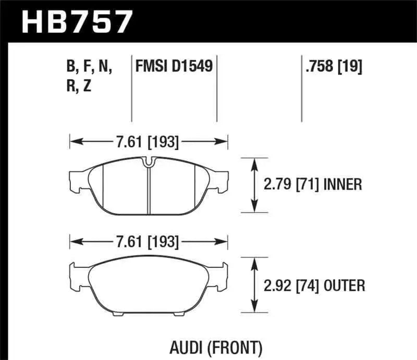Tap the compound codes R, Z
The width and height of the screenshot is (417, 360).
[x=80, y=86]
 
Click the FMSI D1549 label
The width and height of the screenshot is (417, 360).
[x=174, y=67]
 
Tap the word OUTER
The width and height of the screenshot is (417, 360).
[x=344, y=285]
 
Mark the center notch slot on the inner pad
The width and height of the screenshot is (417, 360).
[x=149, y=163]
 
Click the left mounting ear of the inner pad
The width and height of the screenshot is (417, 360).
[x=77, y=179]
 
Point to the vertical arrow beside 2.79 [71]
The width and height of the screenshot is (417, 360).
[x=254, y=184]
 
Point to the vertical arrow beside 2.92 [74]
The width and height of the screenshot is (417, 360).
[x=254, y=285]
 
